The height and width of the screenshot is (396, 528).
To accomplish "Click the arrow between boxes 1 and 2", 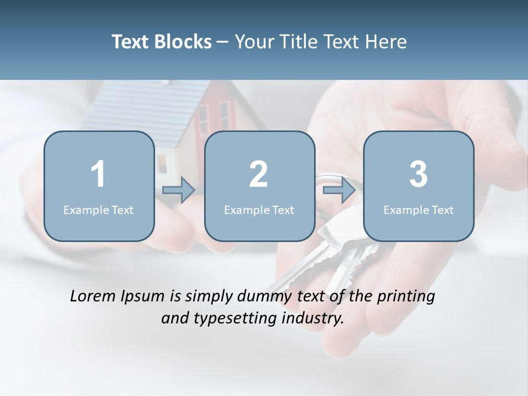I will pyautogui.click(x=179, y=190).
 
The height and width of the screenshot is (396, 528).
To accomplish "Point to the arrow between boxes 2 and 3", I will pyautogui.click(x=339, y=190).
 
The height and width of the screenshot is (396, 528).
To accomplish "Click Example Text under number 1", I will pyautogui.click(x=98, y=210).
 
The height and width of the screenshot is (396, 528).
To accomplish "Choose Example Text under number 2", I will pyautogui.click(x=259, y=210).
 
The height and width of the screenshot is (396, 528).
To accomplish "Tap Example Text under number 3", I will pyautogui.click(x=419, y=210).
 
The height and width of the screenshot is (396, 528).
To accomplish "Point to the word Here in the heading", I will pyautogui.click(x=387, y=42).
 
